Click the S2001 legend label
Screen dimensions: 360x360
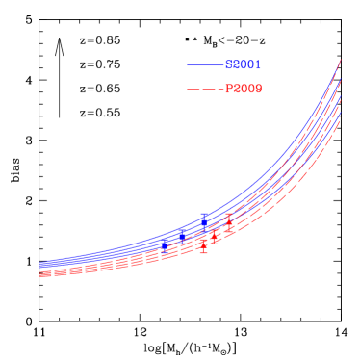coord(244,65)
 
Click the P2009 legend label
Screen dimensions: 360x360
coord(244,90)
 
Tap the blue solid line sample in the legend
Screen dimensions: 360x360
coord(205,65)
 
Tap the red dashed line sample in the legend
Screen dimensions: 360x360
coord(205,90)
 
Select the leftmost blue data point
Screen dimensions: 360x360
coord(180,235)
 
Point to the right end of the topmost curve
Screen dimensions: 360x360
coord(341,60)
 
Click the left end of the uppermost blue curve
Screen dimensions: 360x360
coord(40,262)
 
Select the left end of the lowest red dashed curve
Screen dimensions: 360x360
coord(40,276)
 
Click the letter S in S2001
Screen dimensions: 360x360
coord(229,65)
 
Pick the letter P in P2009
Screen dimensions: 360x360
coord(229,90)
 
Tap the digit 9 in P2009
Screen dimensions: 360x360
coord(258,90)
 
